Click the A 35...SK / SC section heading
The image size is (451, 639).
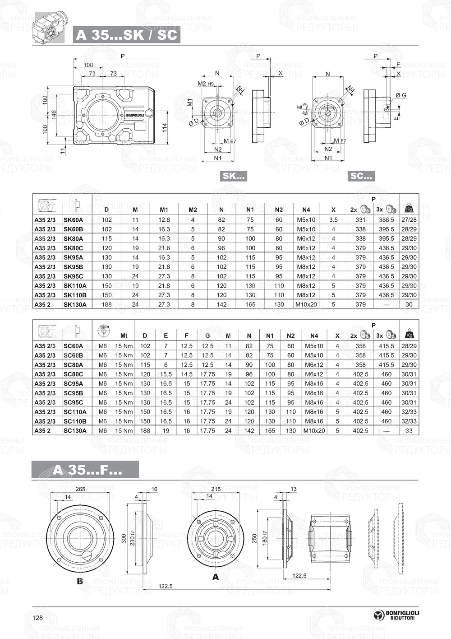[x=126, y=35]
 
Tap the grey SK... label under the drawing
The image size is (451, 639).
[x=233, y=176]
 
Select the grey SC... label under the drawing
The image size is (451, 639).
[x=361, y=176]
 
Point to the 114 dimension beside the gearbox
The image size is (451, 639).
[x=165, y=128]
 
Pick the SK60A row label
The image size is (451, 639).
[x=73, y=220]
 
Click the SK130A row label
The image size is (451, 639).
[x=75, y=305]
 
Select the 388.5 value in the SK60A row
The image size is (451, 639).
[x=387, y=220]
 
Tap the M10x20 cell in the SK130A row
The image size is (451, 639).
[x=306, y=305]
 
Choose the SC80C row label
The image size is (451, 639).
[x=73, y=374]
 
